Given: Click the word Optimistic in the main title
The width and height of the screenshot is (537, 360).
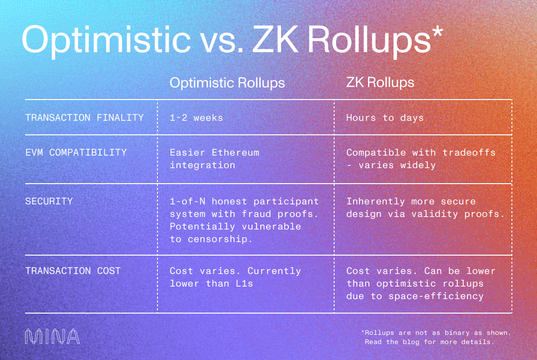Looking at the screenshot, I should coord(106,40).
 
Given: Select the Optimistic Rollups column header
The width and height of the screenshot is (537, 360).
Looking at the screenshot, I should coord(227,83).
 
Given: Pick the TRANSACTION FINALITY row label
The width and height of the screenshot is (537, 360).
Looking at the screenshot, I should coord(85,117).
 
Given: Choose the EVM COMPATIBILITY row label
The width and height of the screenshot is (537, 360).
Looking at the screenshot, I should coord(76,153).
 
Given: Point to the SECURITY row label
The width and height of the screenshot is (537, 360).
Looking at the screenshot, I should coord(49,202).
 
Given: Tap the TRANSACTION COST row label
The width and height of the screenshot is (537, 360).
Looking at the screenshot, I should coord(73,271).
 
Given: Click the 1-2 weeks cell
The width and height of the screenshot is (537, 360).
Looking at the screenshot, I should coord(197,117).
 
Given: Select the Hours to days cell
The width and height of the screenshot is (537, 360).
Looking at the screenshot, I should coord(385,117).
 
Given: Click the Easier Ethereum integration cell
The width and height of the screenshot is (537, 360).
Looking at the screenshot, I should coord(214,158).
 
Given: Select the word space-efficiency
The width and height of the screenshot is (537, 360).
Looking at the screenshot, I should coord(436,296).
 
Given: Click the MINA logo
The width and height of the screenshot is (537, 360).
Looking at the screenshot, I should coord(52,337).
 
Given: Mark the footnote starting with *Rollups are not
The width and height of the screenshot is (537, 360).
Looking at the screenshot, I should coord(436,337).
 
